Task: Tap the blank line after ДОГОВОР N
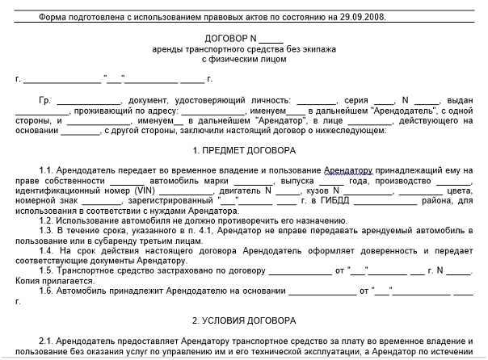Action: click(271, 39)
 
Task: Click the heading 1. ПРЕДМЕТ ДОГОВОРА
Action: click(244, 150)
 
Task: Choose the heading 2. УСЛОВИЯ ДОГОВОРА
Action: click(244, 320)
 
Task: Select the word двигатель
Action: click(241, 191)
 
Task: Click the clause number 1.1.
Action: click(45, 171)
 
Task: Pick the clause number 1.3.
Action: click(45, 231)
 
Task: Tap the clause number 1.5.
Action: click(45, 270)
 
